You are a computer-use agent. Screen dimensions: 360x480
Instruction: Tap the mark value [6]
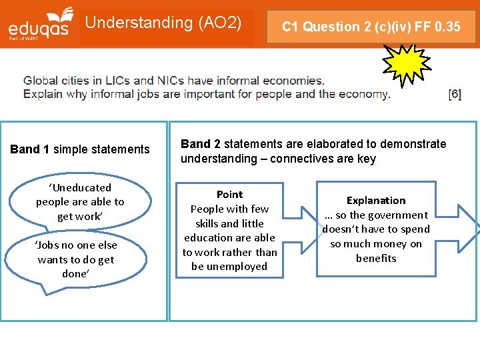455,94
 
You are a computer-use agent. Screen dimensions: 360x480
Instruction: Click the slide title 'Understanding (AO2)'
163,23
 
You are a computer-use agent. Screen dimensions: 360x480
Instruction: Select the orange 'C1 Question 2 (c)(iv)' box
371,27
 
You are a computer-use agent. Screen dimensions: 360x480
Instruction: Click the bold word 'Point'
229,194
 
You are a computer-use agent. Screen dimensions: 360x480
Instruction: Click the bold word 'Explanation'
376,200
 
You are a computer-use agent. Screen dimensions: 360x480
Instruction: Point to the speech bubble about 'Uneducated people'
80,201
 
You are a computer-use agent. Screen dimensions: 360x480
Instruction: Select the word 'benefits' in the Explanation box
376,259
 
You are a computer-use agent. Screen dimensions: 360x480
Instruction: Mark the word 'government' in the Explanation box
397,215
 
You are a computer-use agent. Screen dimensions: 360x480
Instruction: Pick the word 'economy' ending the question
363,94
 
